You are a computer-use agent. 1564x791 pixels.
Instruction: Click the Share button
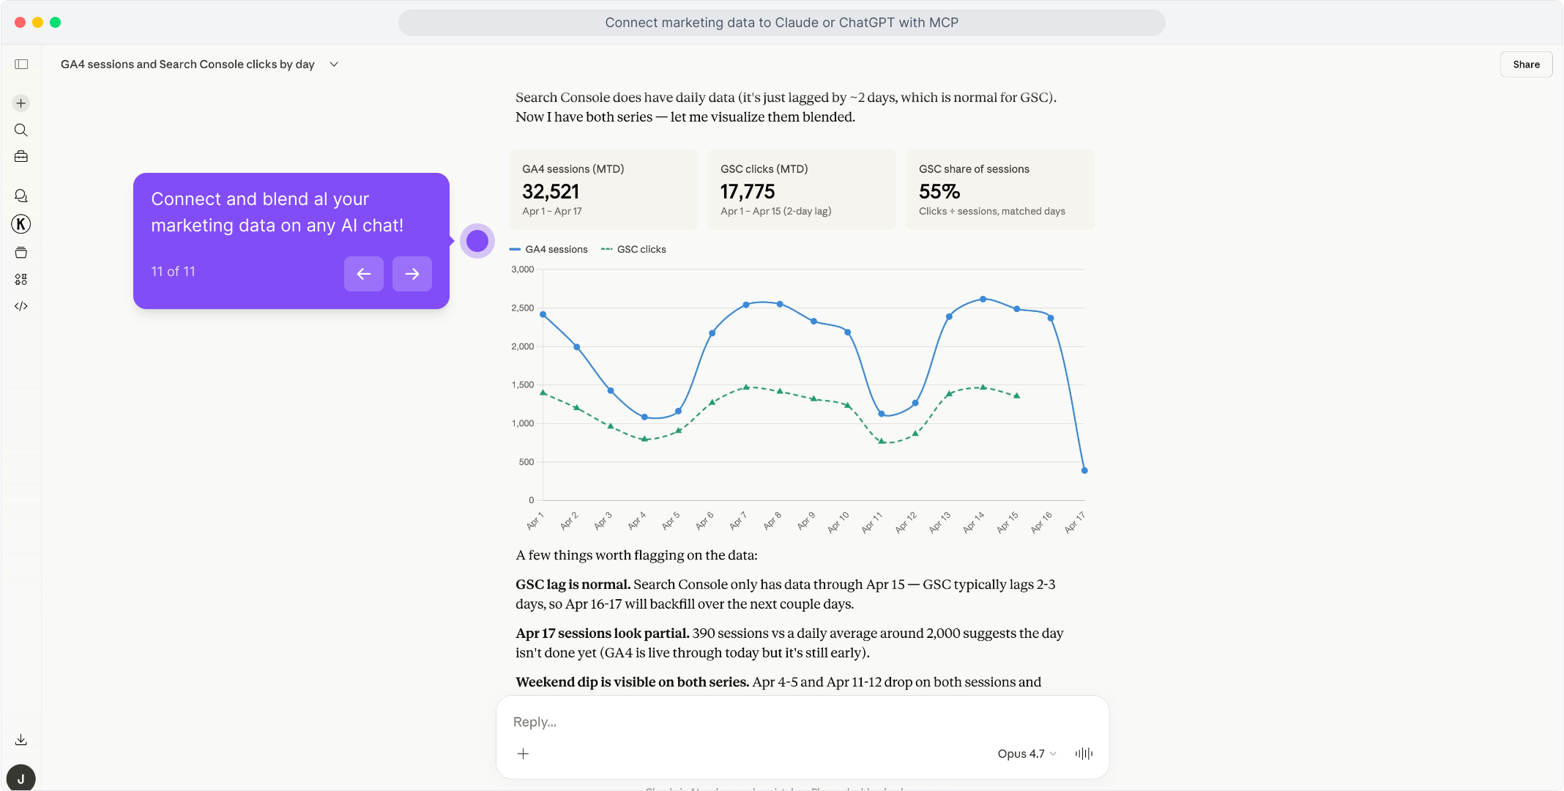[x=1526, y=64]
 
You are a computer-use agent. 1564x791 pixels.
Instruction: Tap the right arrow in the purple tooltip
[x=412, y=274]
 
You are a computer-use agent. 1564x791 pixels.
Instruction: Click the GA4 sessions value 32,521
[x=551, y=192]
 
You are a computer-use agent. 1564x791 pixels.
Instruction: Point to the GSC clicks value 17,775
[x=748, y=192]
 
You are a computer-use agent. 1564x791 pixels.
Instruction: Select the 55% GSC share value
[x=939, y=192]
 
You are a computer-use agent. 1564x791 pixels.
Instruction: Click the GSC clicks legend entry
[x=634, y=250]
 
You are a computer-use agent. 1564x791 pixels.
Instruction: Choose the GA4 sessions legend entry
[x=549, y=250]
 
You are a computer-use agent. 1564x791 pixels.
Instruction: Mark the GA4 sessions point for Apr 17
[x=1084, y=470]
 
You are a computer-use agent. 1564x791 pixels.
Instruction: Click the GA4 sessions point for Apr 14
[x=983, y=299]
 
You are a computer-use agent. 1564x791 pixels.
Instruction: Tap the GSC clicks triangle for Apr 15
[x=1017, y=395]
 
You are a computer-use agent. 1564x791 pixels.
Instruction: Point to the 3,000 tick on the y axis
[x=523, y=270]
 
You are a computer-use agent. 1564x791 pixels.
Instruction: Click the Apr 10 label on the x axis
[x=838, y=521]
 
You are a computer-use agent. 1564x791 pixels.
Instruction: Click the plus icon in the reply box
[x=523, y=754]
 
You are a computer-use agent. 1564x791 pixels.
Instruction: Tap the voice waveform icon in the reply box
[x=1084, y=754]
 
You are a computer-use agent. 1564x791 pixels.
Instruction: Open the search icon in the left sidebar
[x=21, y=130]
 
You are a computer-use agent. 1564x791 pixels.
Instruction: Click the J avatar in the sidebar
[x=21, y=778]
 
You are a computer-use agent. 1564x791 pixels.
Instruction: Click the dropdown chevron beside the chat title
[x=334, y=64]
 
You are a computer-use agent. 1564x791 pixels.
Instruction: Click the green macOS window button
[x=56, y=23]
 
